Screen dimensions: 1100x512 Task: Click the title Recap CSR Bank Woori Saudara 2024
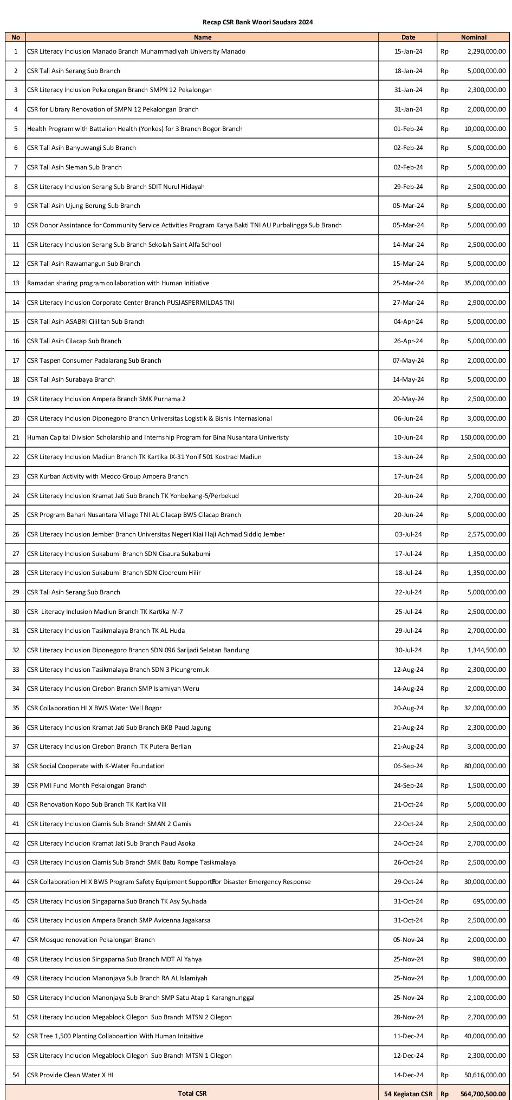(x=257, y=22)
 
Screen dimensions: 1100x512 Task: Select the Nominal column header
(x=474, y=37)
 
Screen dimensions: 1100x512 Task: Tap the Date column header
(x=408, y=37)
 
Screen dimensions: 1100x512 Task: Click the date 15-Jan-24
(x=408, y=51)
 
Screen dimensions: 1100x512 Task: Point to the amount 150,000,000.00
(x=479, y=437)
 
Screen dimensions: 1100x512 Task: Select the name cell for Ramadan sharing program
(x=118, y=283)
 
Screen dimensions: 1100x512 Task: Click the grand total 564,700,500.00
(x=479, y=1094)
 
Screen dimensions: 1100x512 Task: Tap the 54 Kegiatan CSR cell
(x=408, y=1094)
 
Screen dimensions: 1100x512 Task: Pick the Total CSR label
(x=192, y=1094)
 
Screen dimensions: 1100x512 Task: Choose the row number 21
(x=16, y=437)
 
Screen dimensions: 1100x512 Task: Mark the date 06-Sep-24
(x=408, y=766)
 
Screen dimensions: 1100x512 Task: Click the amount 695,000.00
(x=489, y=901)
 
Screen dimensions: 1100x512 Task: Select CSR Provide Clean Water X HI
(x=70, y=1075)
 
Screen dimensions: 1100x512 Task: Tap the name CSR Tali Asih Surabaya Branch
(x=71, y=379)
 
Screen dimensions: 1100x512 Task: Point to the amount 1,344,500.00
(x=487, y=650)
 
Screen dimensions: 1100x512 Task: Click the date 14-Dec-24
(x=408, y=1075)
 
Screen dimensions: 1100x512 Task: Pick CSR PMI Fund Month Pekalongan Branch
(x=87, y=785)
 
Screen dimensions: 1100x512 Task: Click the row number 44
(x=16, y=882)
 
